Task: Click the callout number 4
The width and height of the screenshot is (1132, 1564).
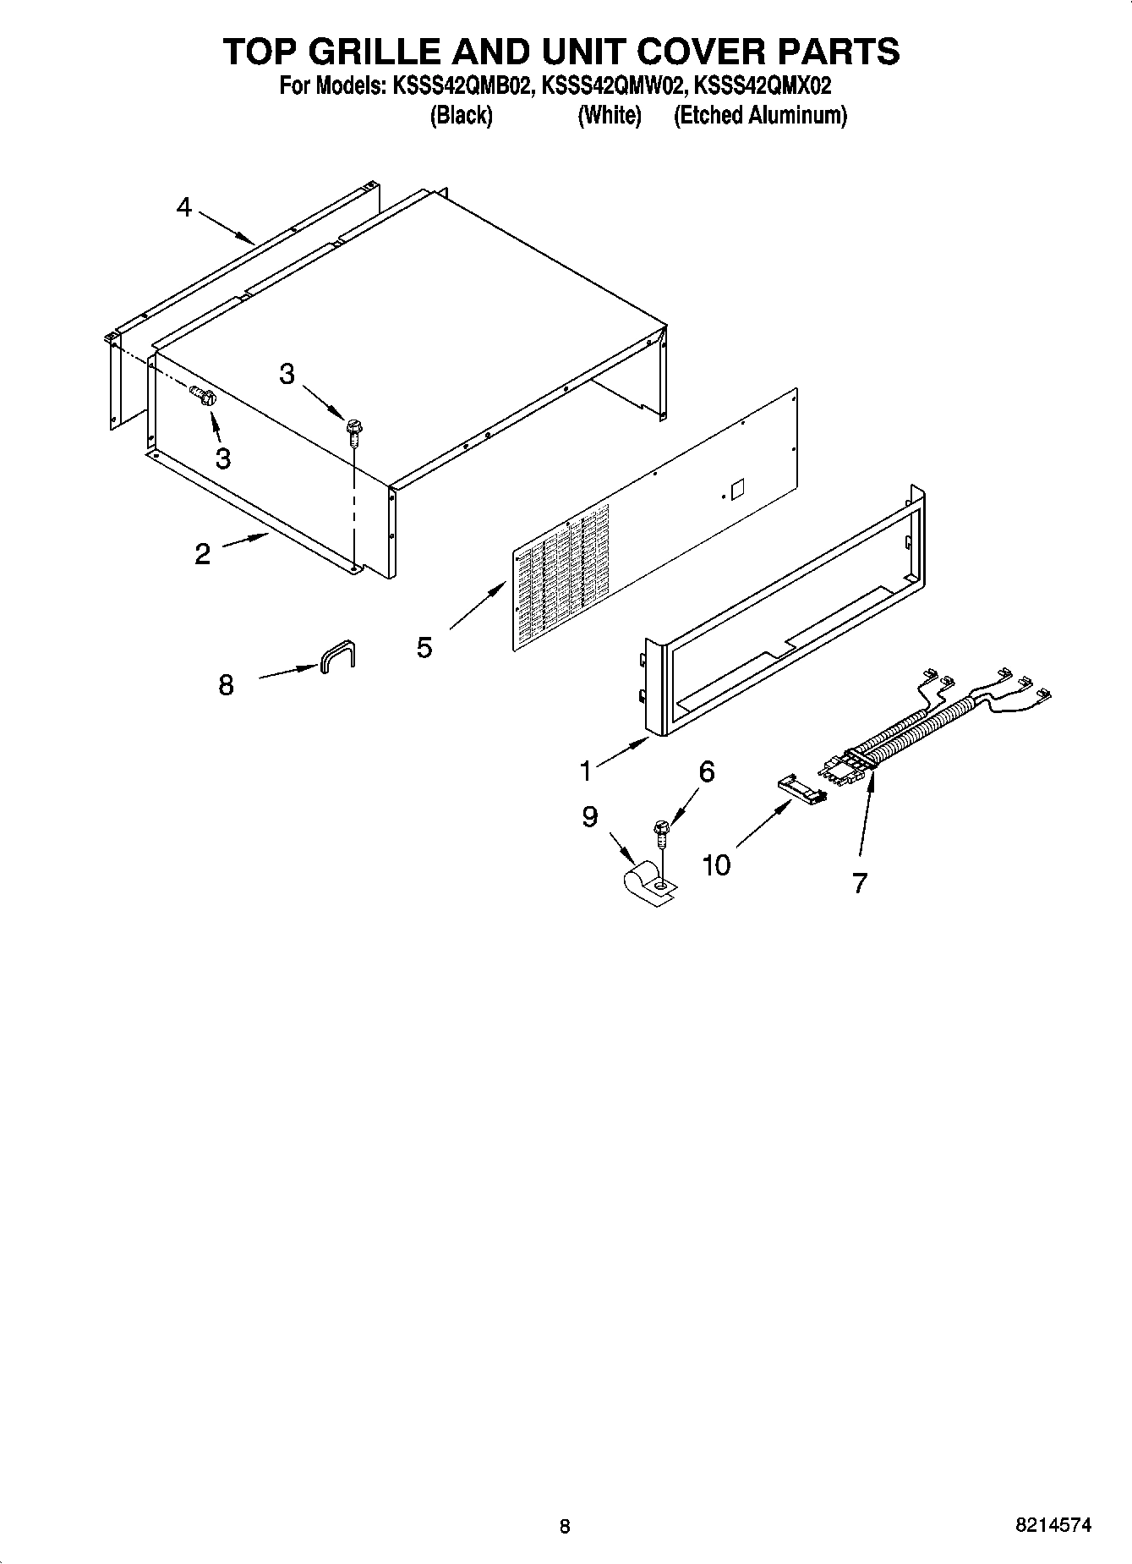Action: pyautogui.click(x=184, y=207)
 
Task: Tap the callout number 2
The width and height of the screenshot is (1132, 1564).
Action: pyautogui.click(x=202, y=554)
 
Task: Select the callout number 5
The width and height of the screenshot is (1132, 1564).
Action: pyautogui.click(x=424, y=648)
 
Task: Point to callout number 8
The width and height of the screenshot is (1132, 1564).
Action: pyautogui.click(x=226, y=684)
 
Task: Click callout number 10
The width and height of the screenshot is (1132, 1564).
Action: pyautogui.click(x=716, y=864)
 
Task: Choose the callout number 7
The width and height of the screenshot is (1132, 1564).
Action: pyautogui.click(x=860, y=883)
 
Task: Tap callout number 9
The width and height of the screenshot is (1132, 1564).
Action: pyautogui.click(x=590, y=816)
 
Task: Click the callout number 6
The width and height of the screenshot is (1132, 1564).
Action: pyautogui.click(x=707, y=771)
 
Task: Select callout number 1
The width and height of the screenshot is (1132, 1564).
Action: pyautogui.click(x=585, y=771)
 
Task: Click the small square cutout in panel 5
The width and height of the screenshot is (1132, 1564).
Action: pyautogui.click(x=736, y=489)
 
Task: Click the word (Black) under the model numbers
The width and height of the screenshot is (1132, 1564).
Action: pyautogui.click(x=462, y=115)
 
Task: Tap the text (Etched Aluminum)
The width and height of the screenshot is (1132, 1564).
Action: pyautogui.click(x=760, y=115)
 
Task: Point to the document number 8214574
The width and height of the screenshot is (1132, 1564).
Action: pyautogui.click(x=1053, y=1526)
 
